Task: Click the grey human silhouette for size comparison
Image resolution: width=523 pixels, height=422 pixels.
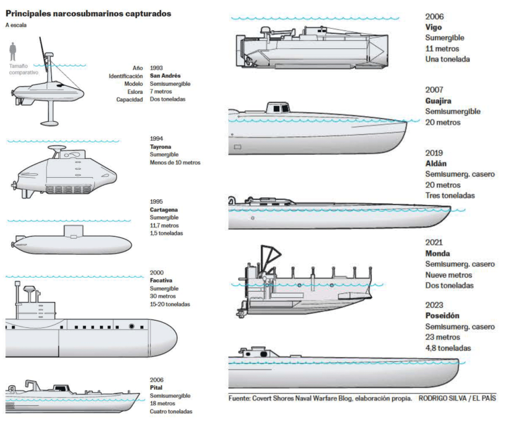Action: pos(13,52)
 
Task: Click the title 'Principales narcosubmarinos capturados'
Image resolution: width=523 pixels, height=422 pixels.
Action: pos(88,13)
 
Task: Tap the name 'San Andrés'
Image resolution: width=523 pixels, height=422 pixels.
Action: pos(165,76)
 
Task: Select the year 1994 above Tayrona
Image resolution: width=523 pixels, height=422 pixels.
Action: pos(157,138)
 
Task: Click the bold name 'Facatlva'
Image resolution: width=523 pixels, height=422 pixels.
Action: pos(161,280)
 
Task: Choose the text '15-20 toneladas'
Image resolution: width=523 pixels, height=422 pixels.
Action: pos(170,304)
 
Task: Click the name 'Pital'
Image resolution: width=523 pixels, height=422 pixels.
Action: pos(156,388)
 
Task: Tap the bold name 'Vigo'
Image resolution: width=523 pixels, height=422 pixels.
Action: pos(433,27)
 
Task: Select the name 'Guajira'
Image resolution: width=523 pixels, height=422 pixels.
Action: pos(438,101)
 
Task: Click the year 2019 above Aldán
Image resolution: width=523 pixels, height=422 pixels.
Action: pos(434,153)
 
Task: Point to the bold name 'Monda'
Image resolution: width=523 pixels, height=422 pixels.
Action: pos(438,253)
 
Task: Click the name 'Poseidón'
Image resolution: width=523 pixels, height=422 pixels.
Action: pos(442,316)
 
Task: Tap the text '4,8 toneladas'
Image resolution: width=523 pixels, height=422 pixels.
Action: pos(448,348)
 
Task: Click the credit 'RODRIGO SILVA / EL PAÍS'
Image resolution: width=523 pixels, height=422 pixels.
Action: pos(457,398)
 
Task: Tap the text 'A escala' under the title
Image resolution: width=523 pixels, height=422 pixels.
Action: pos(16,25)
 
